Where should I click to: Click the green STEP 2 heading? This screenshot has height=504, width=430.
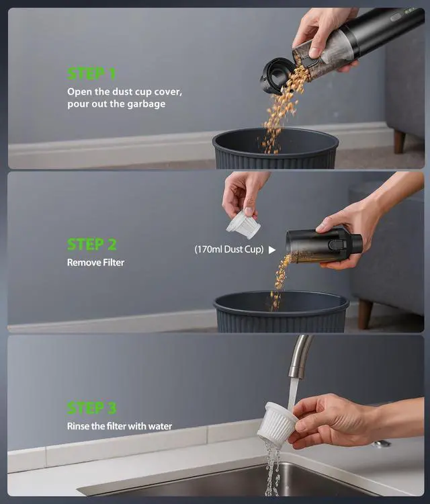[x=95, y=244]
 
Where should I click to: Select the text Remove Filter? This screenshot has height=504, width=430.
[x=95, y=263]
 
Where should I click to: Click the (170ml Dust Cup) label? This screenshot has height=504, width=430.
[x=228, y=249]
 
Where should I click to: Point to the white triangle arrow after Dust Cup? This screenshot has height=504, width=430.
[x=271, y=249]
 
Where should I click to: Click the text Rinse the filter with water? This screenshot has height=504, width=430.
[x=120, y=426]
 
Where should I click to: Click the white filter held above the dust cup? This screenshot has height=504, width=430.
[x=243, y=224]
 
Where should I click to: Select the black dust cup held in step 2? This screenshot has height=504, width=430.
[x=316, y=245]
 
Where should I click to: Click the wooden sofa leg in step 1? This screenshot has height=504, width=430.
[x=400, y=141]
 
